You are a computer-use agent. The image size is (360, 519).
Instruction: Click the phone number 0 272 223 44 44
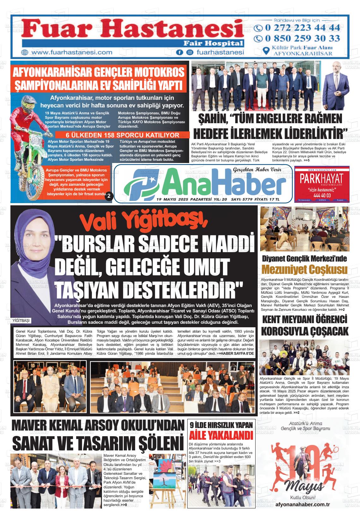click(302, 28)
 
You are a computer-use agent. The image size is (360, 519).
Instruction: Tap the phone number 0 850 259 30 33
click(302, 39)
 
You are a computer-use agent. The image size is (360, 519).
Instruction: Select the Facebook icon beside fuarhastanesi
click(179, 52)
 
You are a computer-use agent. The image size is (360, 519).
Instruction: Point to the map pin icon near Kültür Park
click(267, 51)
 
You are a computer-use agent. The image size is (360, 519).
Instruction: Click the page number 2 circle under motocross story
click(108, 196)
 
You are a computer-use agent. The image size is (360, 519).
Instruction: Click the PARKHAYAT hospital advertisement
click(321, 184)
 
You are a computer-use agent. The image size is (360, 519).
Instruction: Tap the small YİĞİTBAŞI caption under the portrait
click(21, 320)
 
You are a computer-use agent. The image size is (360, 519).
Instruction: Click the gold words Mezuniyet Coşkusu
click(305, 270)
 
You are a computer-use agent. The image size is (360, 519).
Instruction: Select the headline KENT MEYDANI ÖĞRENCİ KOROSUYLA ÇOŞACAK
click(305, 325)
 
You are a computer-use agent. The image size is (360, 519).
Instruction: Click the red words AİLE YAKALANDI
click(221, 436)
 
